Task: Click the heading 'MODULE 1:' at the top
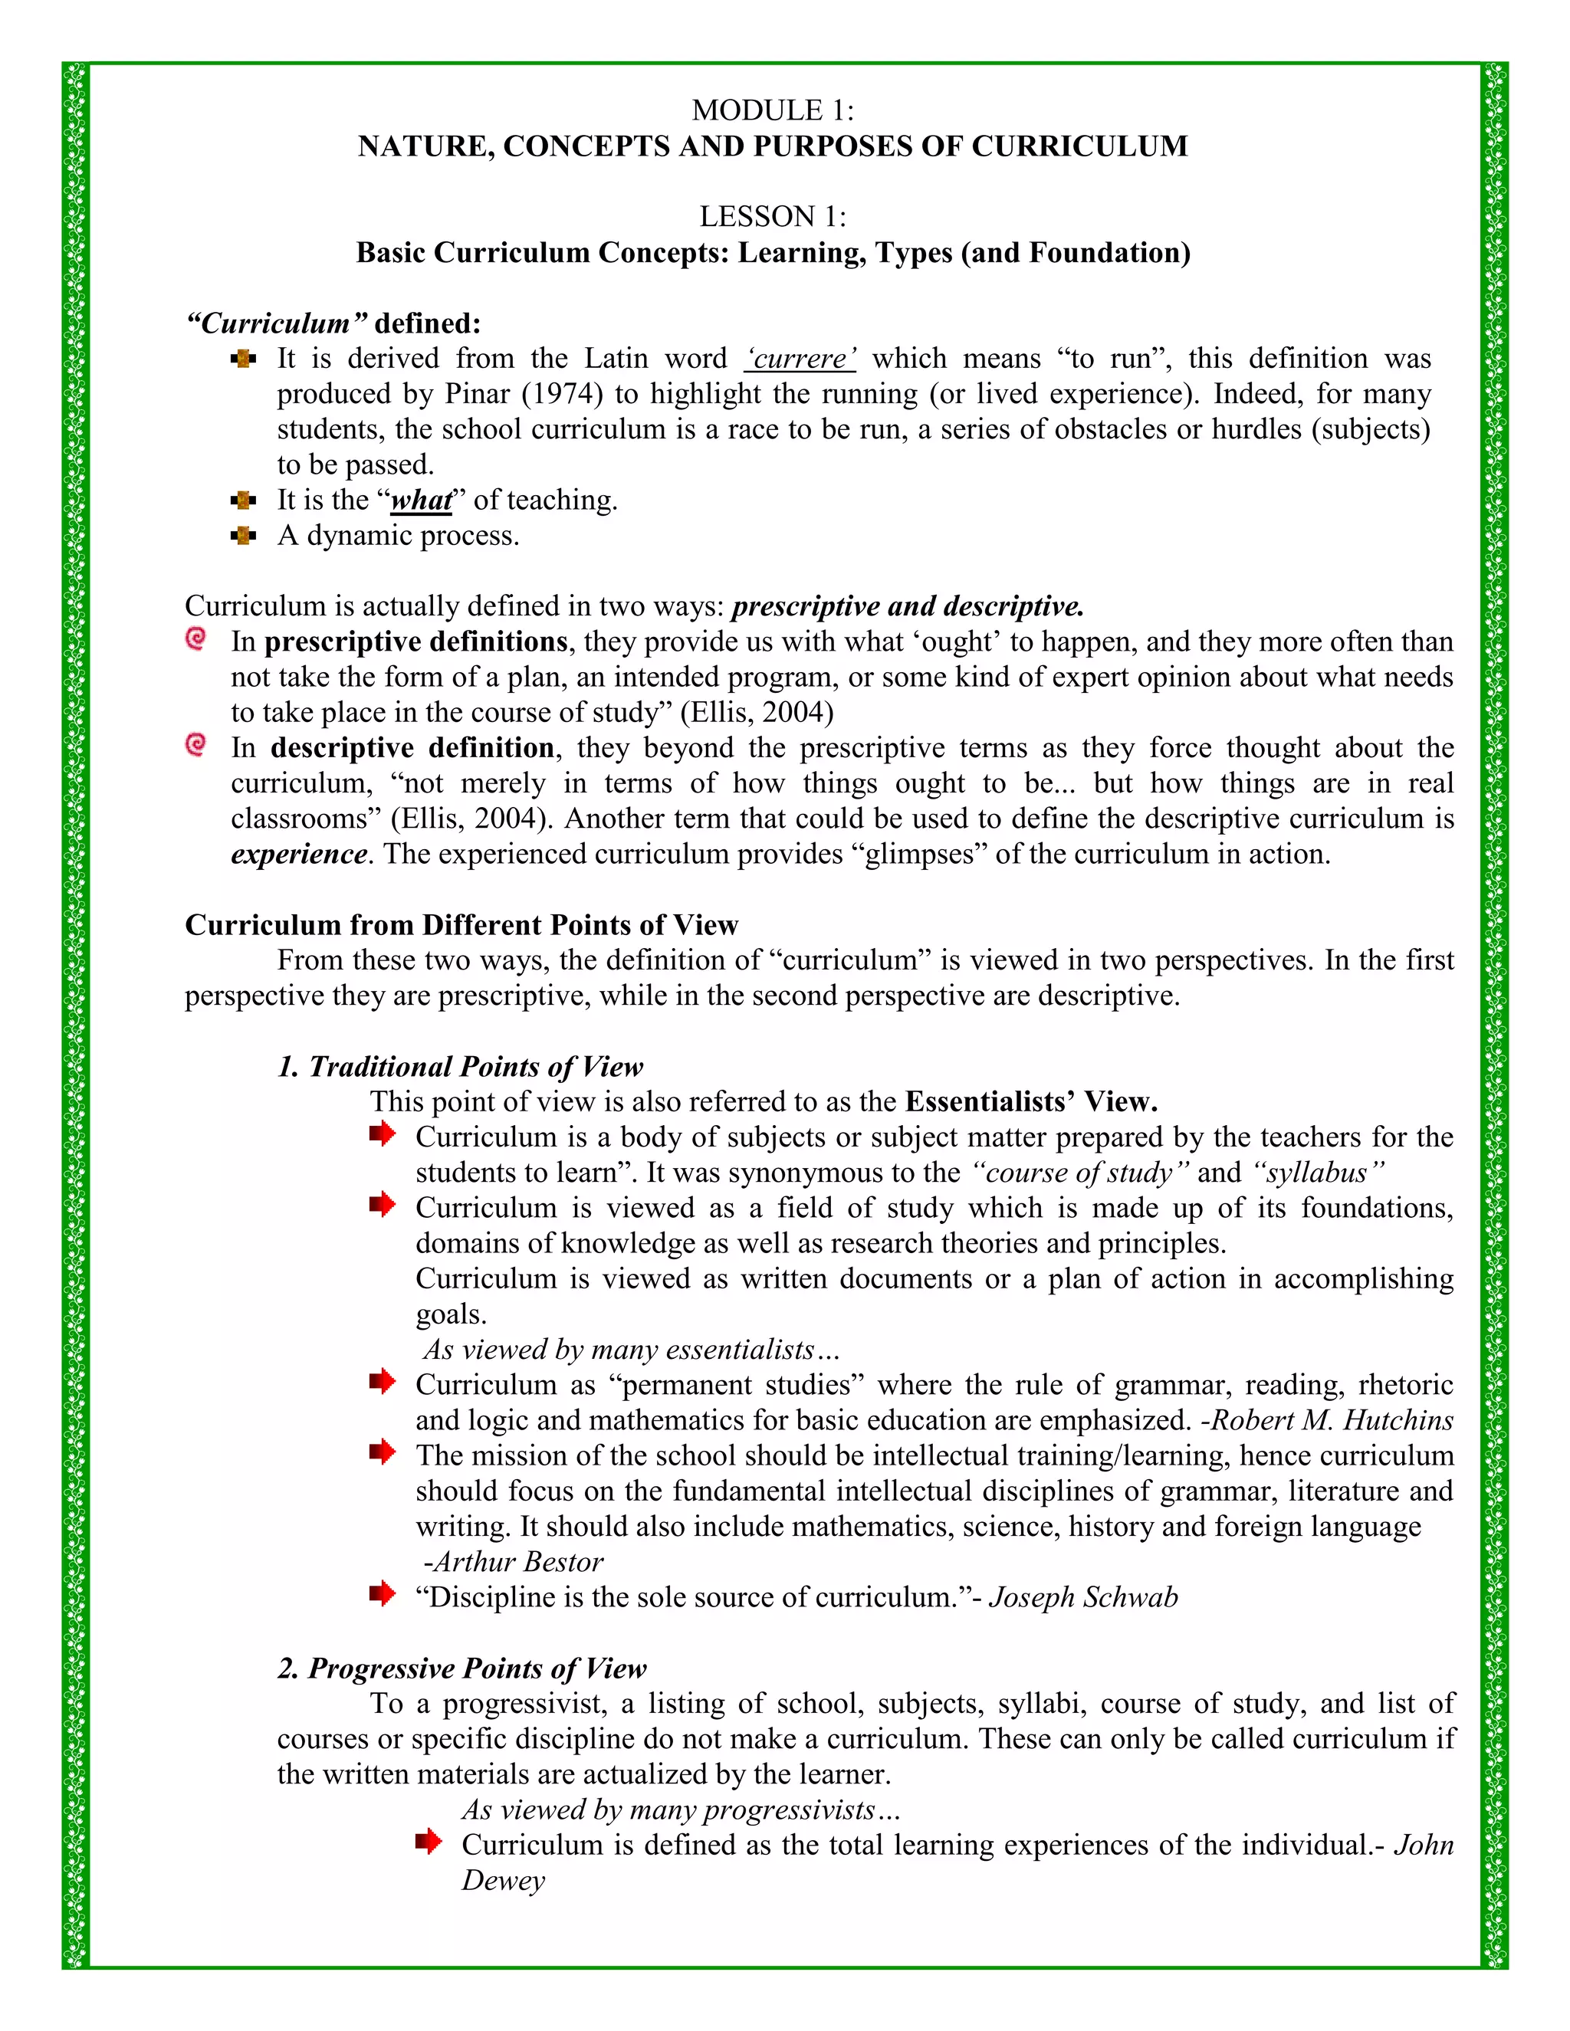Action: [x=772, y=110]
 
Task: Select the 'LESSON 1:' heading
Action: [x=772, y=217]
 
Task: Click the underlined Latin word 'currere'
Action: [x=800, y=359]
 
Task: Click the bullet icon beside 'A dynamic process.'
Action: [x=244, y=536]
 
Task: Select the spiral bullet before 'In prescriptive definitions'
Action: [x=196, y=639]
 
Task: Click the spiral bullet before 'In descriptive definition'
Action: [x=196, y=745]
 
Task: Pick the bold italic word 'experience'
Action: [x=298, y=855]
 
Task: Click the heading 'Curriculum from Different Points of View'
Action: [x=461, y=925]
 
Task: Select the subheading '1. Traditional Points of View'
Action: [x=461, y=1067]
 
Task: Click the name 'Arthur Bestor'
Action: [x=518, y=1561]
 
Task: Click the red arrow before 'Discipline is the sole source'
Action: [x=383, y=1595]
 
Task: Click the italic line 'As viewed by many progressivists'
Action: [x=679, y=1810]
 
